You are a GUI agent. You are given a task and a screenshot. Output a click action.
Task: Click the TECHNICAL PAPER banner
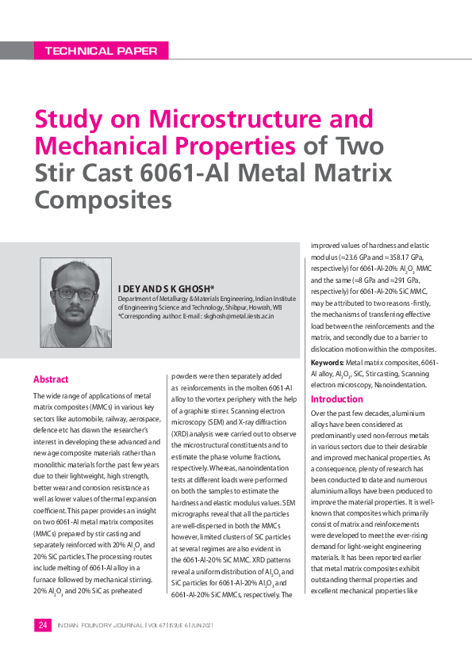tap(102, 51)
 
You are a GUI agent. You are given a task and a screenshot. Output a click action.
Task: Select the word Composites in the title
tap(103, 198)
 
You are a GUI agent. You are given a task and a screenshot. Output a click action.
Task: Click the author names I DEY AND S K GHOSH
tap(166, 288)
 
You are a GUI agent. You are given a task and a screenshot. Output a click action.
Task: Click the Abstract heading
tap(51, 379)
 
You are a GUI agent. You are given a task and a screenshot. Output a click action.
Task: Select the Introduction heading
tap(337, 399)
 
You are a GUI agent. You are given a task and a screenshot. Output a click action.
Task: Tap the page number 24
tap(42, 625)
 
